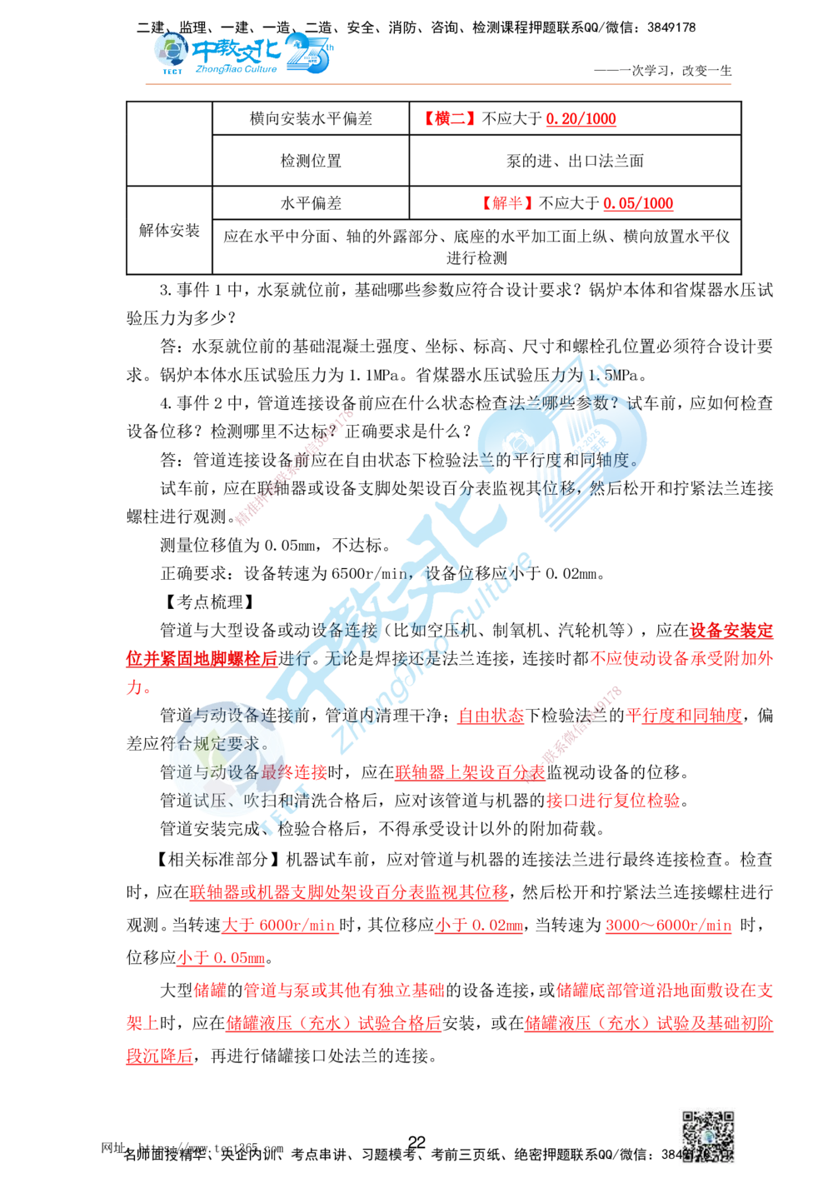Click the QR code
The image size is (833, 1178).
(706, 1139)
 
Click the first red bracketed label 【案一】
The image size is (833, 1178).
(449, 117)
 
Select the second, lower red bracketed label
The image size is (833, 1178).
(506, 202)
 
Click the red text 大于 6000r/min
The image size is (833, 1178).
(279, 926)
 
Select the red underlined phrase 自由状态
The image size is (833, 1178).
(491, 716)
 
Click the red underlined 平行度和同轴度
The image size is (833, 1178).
(684, 716)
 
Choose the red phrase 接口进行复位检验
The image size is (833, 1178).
(612, 801)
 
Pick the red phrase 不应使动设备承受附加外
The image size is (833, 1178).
(681, 657)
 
